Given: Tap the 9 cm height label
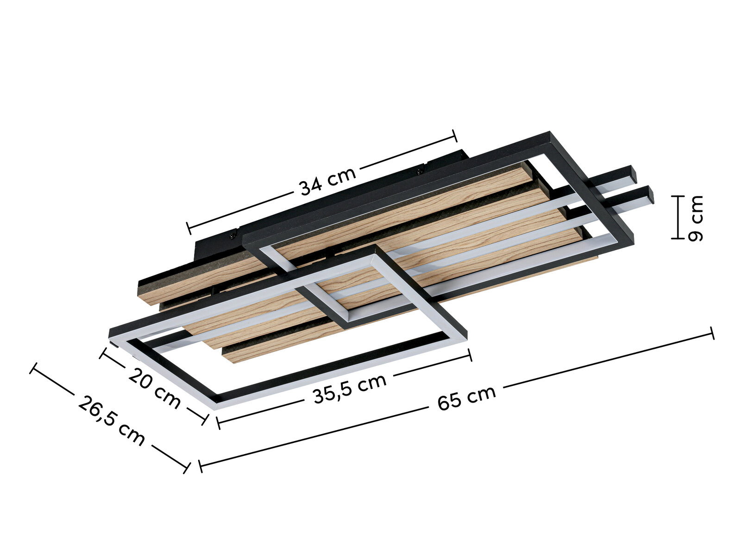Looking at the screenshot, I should tap(695, 218).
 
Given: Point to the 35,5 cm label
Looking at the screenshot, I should tap(349, 388).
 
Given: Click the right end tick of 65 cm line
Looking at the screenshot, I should tap(712, 333).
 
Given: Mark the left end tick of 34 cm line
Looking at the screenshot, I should tap(189, 227).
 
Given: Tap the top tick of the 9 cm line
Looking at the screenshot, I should tap(678, 196).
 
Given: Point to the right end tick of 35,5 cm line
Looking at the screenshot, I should tap(471, 355).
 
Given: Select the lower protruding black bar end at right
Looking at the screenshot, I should tap(649, 195).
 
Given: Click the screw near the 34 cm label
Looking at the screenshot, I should tap(421, 170).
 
